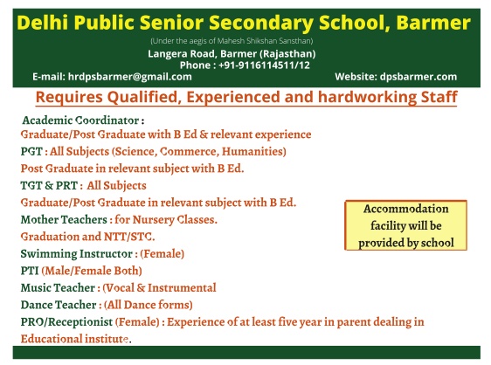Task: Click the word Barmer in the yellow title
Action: click(x=433, y=23)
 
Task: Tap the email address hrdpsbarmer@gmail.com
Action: click(x=129, y=77)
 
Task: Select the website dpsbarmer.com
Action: click(x=418, y=77)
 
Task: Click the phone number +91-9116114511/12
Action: click(x=264, y=65)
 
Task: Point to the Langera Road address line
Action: click(x=232, y=54)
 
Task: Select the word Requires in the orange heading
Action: click(x=69, y=97)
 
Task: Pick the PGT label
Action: click(x=31, y=152)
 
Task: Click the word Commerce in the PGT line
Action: click(x=189, y=152)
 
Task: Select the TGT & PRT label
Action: click(x=49, y=186)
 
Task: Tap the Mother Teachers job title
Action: click(x=64, y=220)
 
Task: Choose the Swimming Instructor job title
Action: click(x=77, y=254)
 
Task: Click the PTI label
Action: click(x=30, y=271)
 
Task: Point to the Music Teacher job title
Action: click(x=58, y=288)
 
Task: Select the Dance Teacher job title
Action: click(x=59, y=305)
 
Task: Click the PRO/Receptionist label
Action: click(x=66, y=322)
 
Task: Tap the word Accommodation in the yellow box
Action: click(x=406, y=209)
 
